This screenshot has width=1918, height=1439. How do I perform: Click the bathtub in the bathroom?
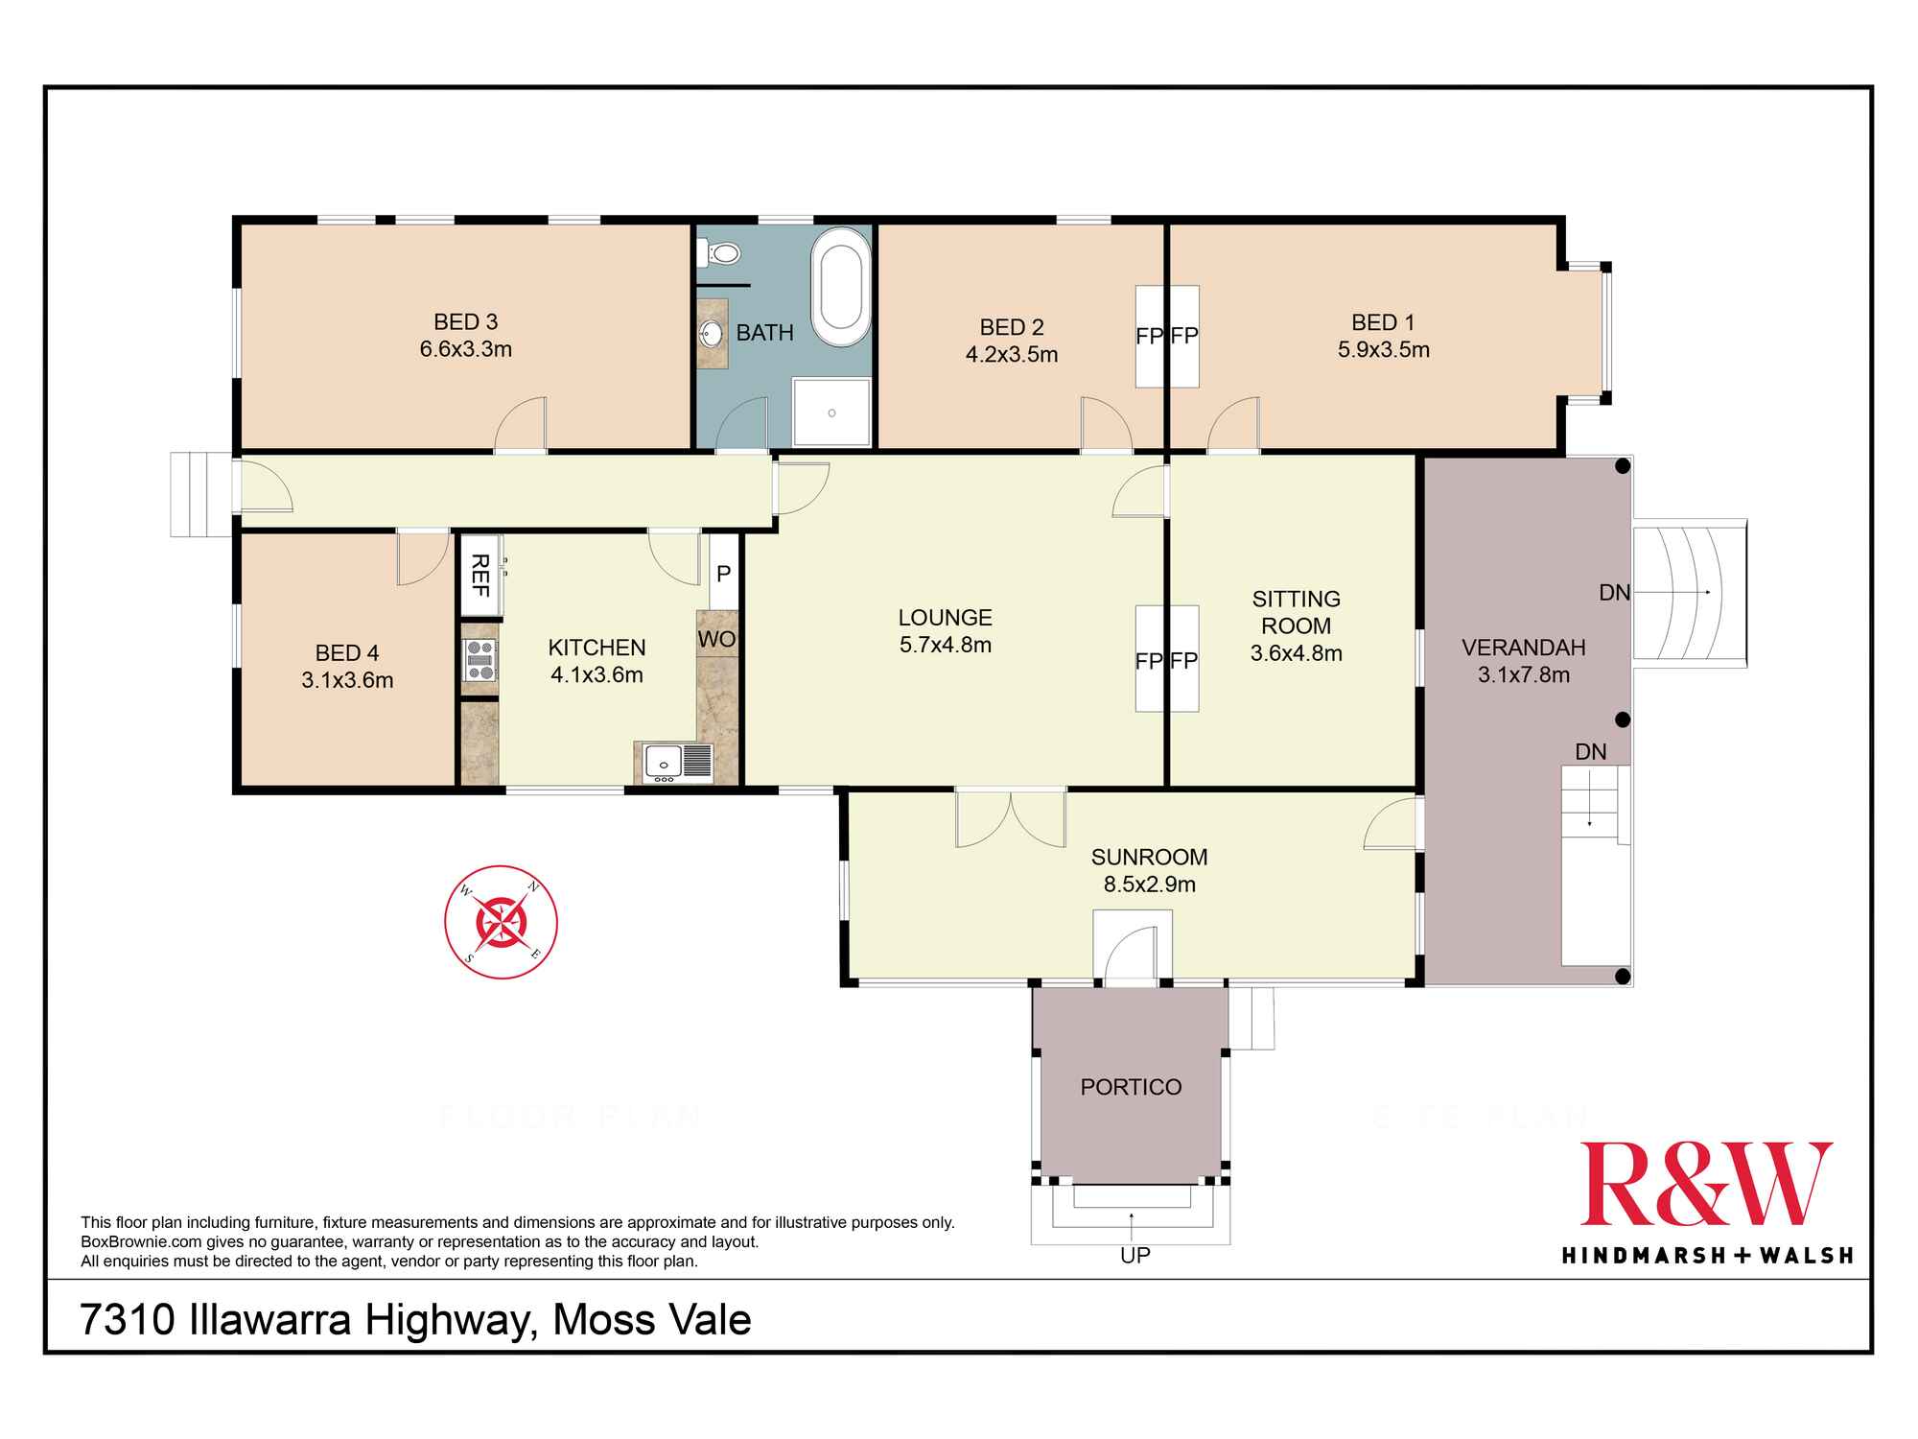click(x=841, y=287)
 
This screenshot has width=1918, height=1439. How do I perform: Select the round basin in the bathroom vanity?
click(x=712, y=334)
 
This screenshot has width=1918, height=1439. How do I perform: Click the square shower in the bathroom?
click(x=831, y=413)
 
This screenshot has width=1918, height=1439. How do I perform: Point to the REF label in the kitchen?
click(x=480, y=575)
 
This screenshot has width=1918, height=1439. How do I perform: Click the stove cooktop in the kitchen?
click(x=479, y=660)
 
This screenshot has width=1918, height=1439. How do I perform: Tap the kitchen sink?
click(x=677, y=762)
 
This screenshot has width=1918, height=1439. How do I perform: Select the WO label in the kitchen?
click(x=716, y=639)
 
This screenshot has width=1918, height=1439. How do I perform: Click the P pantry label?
click(x=724, y=574)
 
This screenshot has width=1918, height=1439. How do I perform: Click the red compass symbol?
click(x=501, y=922)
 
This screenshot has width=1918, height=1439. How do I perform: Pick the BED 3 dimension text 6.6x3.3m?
click(x=466, y=349)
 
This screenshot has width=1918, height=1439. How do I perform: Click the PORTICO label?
click(x=1131, y=1087)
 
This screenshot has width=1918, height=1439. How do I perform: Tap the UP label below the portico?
click(x=1135, y=1255)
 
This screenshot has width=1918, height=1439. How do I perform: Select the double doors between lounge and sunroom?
click(x=1011, y=817)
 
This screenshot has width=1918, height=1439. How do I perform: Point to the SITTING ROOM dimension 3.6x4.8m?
click(x=1297, y=653)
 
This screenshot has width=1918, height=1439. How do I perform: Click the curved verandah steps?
click(x=1690, y=592)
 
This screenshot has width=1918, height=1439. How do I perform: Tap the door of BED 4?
click(x=423, y=557)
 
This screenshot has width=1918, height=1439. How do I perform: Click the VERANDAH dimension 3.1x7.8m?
click(x=1524, y=674)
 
